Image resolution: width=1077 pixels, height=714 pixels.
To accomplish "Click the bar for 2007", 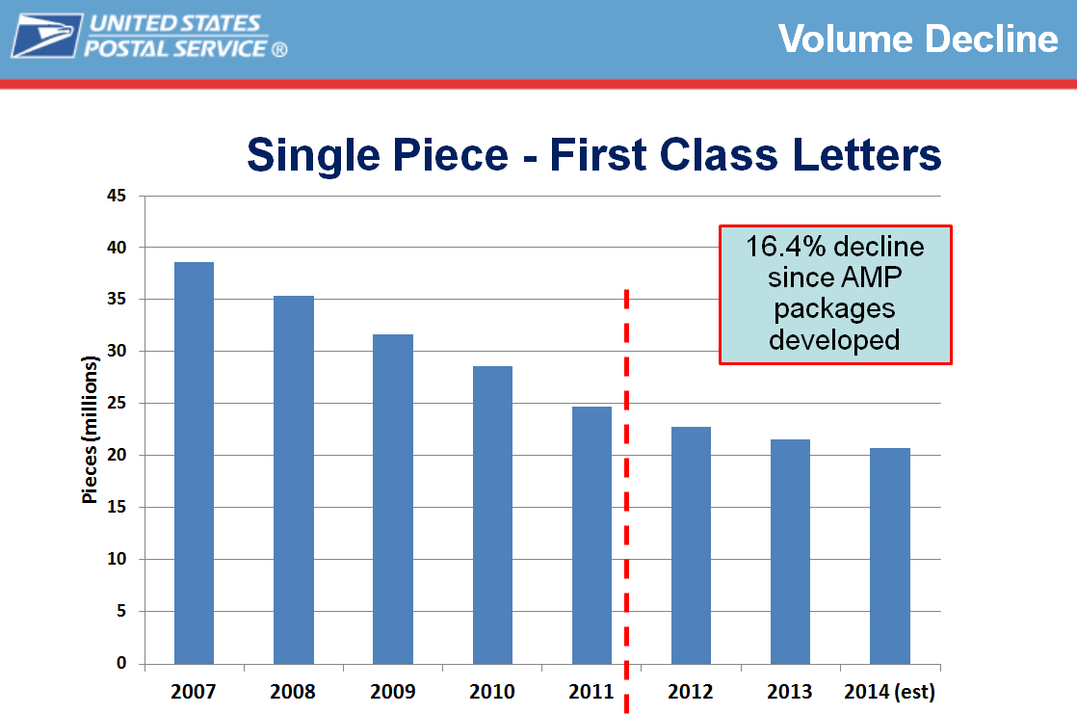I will tap(194, 463).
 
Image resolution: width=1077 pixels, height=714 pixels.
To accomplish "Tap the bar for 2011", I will tap(591, 535).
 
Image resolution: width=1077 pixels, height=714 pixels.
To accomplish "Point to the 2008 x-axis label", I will tap(293, 692).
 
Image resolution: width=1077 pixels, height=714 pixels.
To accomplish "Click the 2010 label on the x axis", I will tap(491, 692).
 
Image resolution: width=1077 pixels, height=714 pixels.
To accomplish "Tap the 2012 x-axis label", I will tap(691, 692).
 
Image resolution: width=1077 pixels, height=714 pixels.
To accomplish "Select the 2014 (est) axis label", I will tap(889, 692).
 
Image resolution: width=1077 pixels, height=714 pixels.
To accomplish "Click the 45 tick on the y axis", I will tap(117, 196).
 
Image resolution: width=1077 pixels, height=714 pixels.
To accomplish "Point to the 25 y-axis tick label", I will tap(117, 404).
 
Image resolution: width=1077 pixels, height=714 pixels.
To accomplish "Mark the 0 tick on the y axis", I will tap(121, 663).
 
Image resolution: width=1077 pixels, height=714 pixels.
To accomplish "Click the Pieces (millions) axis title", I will tap(91, 430).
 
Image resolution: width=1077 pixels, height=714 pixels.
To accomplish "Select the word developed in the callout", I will tap(835, 339).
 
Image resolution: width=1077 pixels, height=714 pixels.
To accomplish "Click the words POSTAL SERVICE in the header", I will tap(178, 48).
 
